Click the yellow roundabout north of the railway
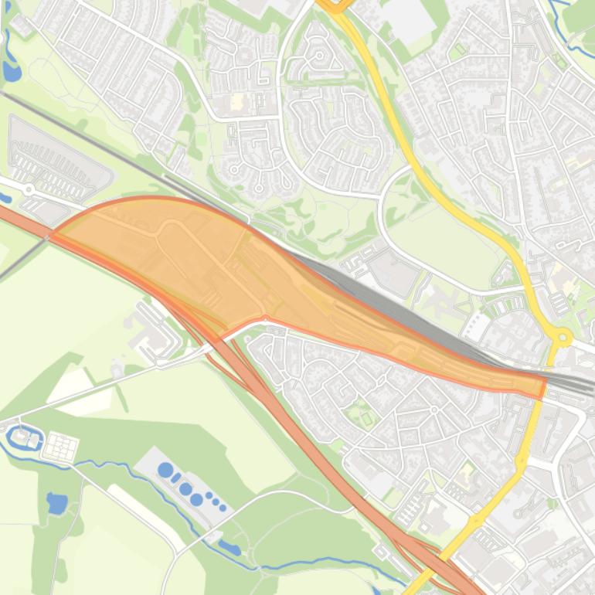[563, 337]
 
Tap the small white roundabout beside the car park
[29, 189]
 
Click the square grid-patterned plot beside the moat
[60, 446]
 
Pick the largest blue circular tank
[165, 470]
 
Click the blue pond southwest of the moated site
[56, 503]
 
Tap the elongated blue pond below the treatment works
[229, 548]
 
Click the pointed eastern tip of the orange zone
[543, 384]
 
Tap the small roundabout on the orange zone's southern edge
[265, 318]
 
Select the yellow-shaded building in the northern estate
[236, 101]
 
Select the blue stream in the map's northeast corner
[564, 12]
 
